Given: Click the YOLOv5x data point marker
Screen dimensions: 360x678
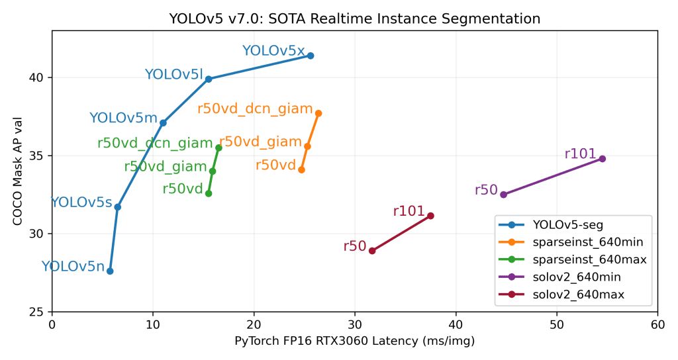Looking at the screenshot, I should [x=310, y=56].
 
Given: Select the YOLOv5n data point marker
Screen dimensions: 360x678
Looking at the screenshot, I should [x=110, y=271].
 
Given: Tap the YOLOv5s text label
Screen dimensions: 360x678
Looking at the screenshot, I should [x=81, y=203].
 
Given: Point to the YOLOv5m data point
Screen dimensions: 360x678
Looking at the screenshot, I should [x=163, y=122].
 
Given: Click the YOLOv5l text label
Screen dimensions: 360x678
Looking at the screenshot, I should [x=173, y=75].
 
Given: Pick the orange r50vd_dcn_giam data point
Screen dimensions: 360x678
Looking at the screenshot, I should [x=318, y=113].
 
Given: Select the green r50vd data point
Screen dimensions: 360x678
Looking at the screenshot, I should [x=209, y=193].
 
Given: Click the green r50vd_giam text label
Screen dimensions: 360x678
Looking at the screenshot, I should [x=166, y=167].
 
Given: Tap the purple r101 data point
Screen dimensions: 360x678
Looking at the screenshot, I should [x=602, y=159].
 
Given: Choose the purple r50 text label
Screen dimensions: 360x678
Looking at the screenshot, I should [x=486, y=190].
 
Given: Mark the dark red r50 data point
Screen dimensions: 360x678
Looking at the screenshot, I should [x=372, y=251].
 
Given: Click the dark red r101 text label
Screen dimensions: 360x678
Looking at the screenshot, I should [x=409, y=211].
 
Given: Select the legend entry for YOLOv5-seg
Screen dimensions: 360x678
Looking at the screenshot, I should [x=567, y=225].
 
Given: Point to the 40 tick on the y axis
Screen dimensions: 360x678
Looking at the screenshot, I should [x=40, y=77].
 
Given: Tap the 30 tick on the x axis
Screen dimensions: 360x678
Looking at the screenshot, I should [x=355, y=324].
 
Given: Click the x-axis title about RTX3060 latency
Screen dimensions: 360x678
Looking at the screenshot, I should [x=355, y=341].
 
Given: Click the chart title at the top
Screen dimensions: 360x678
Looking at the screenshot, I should [x=355, y=19].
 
